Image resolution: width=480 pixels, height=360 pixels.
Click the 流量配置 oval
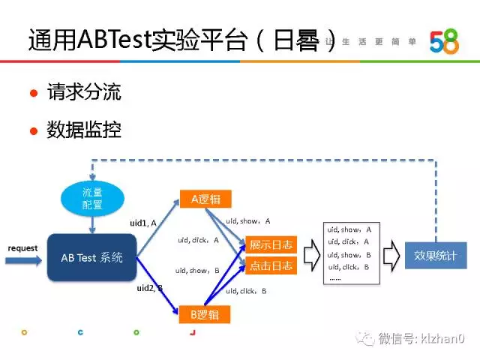pyautogui.click(x=92, y=197)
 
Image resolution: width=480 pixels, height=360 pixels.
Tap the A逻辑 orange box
pyautogui.click(x=205, y=199)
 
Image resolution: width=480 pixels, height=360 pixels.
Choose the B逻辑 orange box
pyautogui.click(x=205, y=313)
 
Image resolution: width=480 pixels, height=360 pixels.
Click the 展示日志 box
pyautogui.click(x=271, y=245)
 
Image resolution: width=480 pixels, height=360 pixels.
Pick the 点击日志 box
pyautogui.click(x=271, y=265)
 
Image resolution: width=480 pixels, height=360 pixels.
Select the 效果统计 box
pyautogui.click(x=435, y=255)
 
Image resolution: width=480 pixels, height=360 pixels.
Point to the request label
pyautogui.click(x=22, y=247)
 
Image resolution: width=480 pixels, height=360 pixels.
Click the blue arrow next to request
pyautogui.click(x=22, y=260)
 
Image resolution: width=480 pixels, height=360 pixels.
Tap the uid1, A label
pyautogui.click(x=142, y=223)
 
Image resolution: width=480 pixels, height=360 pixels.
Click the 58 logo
pyautogui.click(x=444, y=42)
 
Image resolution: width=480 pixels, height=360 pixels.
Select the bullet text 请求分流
pyautogui.click(x=94, y=93)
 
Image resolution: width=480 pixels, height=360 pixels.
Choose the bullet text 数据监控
pyautogui.click(x=94, y=130)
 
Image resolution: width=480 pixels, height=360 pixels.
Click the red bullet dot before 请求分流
pyautogui.click(x=33, y=94)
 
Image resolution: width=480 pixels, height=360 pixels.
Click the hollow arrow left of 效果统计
pyautogui.click(x=390, y=255)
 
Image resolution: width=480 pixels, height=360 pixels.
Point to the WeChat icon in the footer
pyautogui.click(x=365, y=339)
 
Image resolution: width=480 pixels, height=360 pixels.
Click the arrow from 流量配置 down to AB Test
pyautogui.click(x=92, y=223)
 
